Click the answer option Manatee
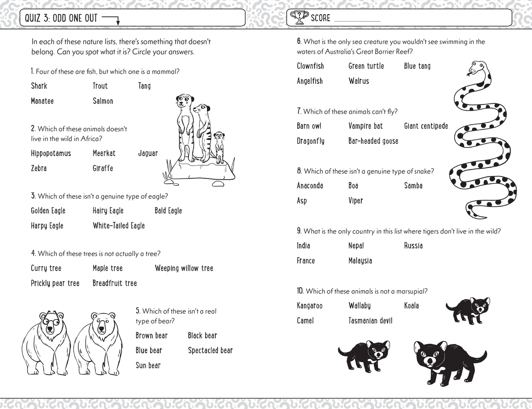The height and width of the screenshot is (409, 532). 42,101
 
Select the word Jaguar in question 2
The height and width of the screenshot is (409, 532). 148,153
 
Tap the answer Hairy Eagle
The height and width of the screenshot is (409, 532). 108,211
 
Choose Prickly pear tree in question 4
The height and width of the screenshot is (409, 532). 55,283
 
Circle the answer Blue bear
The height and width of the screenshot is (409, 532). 149,350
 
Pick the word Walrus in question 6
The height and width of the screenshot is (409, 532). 359,81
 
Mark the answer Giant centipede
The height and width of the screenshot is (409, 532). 426,126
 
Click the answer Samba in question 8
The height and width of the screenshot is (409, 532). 413,186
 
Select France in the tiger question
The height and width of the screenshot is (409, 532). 306,261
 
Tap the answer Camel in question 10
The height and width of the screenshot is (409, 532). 305,321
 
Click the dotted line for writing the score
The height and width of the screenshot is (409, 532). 357,21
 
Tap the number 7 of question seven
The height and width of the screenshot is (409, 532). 299,111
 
